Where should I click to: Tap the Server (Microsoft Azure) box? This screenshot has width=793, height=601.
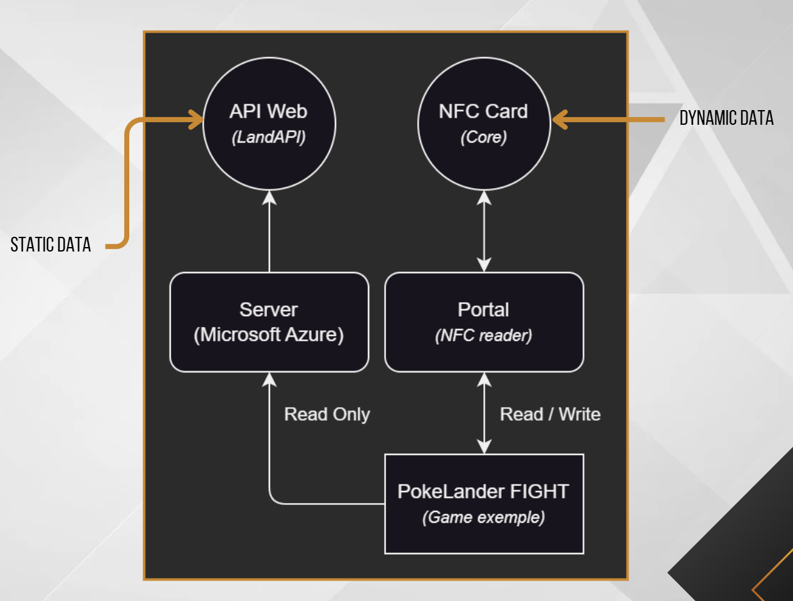pos(269,322)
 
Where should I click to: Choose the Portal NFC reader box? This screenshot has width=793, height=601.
pos(484,322)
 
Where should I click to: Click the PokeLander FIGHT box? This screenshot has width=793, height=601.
pos(484,504)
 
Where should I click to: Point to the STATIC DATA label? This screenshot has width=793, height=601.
pos(51,244)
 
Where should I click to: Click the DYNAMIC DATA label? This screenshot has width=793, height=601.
pos(726,118)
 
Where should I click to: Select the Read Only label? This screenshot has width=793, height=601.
pos(327,414)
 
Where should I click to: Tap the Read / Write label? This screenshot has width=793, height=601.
pos(550,414)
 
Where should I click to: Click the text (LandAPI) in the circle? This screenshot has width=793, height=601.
pos(269,138)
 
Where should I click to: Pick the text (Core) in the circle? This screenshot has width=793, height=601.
pos(483,138)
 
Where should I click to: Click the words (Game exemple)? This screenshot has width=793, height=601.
pos(483,517)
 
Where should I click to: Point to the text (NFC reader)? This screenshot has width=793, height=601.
pos(483,335)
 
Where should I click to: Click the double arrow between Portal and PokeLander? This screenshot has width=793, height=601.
pos(485,413)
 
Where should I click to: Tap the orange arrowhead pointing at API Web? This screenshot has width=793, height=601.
pos(195,120)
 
